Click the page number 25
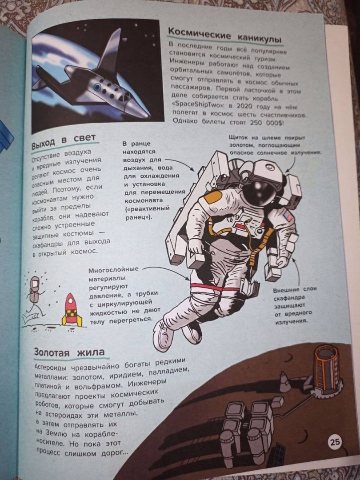(x=335, y=442)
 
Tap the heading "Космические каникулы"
(x=225, y=35)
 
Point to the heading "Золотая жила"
(x=69, y=352)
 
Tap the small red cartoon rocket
(x=71, y=310)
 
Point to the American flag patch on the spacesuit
(x=288, y=215)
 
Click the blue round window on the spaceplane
(x=98, y=87)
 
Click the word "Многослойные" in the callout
(x=114, y=270)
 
